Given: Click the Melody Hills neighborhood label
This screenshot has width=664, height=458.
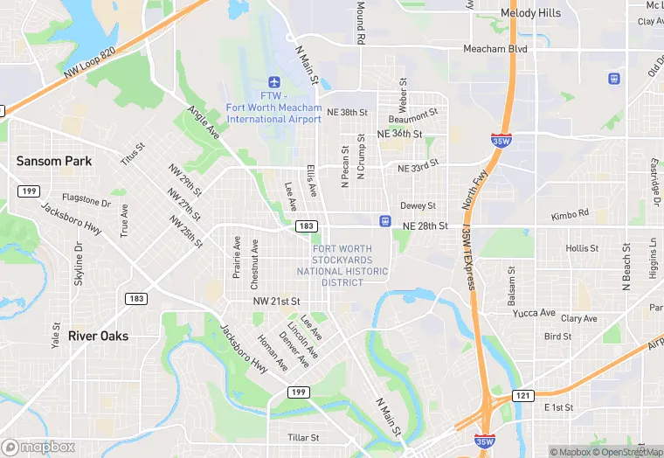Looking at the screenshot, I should point(531,13).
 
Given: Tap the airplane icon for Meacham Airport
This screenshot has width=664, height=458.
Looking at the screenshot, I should point(275,81).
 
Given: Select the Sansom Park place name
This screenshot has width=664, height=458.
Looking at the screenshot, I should point(54,161).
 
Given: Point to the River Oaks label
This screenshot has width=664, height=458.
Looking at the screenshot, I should point(98,336).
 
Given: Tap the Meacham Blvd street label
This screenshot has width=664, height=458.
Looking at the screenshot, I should point(495,49).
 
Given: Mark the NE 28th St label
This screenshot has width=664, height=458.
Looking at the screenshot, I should point(425,226).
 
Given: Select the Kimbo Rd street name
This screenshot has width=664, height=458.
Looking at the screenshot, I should point(570,214).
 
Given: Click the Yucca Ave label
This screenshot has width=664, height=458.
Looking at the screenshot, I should point(534,313).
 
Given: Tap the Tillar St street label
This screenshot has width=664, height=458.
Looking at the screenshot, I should point(303,437).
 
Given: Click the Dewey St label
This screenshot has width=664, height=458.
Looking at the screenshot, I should point(418,205).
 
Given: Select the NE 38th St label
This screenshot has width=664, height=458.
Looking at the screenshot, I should point(348,112).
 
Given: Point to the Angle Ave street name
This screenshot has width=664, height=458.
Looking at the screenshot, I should point(204,123).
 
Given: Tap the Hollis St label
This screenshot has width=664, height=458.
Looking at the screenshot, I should point(582,248).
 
